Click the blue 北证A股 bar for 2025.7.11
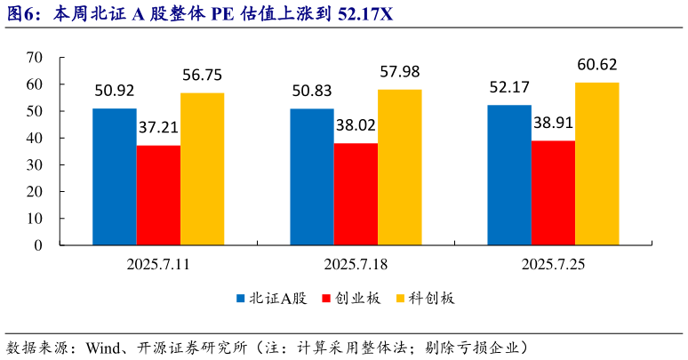pyautogui.click(x=115, y=177)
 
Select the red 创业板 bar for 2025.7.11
pyautogui.click(x=158, y=196)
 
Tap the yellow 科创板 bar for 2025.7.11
pyautogui.click(x=202, y=169)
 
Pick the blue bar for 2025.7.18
pyautogui.click(x=312, y=177)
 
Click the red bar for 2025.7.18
pyautogui.click(x=356, y=194)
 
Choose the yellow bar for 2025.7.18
pyautogui.click(x=399, y=167)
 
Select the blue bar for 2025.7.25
pyautogui.click(x=509, y=175)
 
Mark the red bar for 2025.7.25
pyautogui.click(x=553, y=193)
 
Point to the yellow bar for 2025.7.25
pyautogui.click(x=596, y=164)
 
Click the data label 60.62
pyautogui.click(x=596, y=65)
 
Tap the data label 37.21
pyautogui.click(x=158, y=128)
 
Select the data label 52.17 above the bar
pyautogui.click(x=509, y=88)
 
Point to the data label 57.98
pyautogui.click(x=399, y=72)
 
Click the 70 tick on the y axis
pyautogui.click(x=35, y=58)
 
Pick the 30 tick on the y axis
pyautogui.click(x=35, y=165)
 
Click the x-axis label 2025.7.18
pyautogui.click(x=356, y=264)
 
